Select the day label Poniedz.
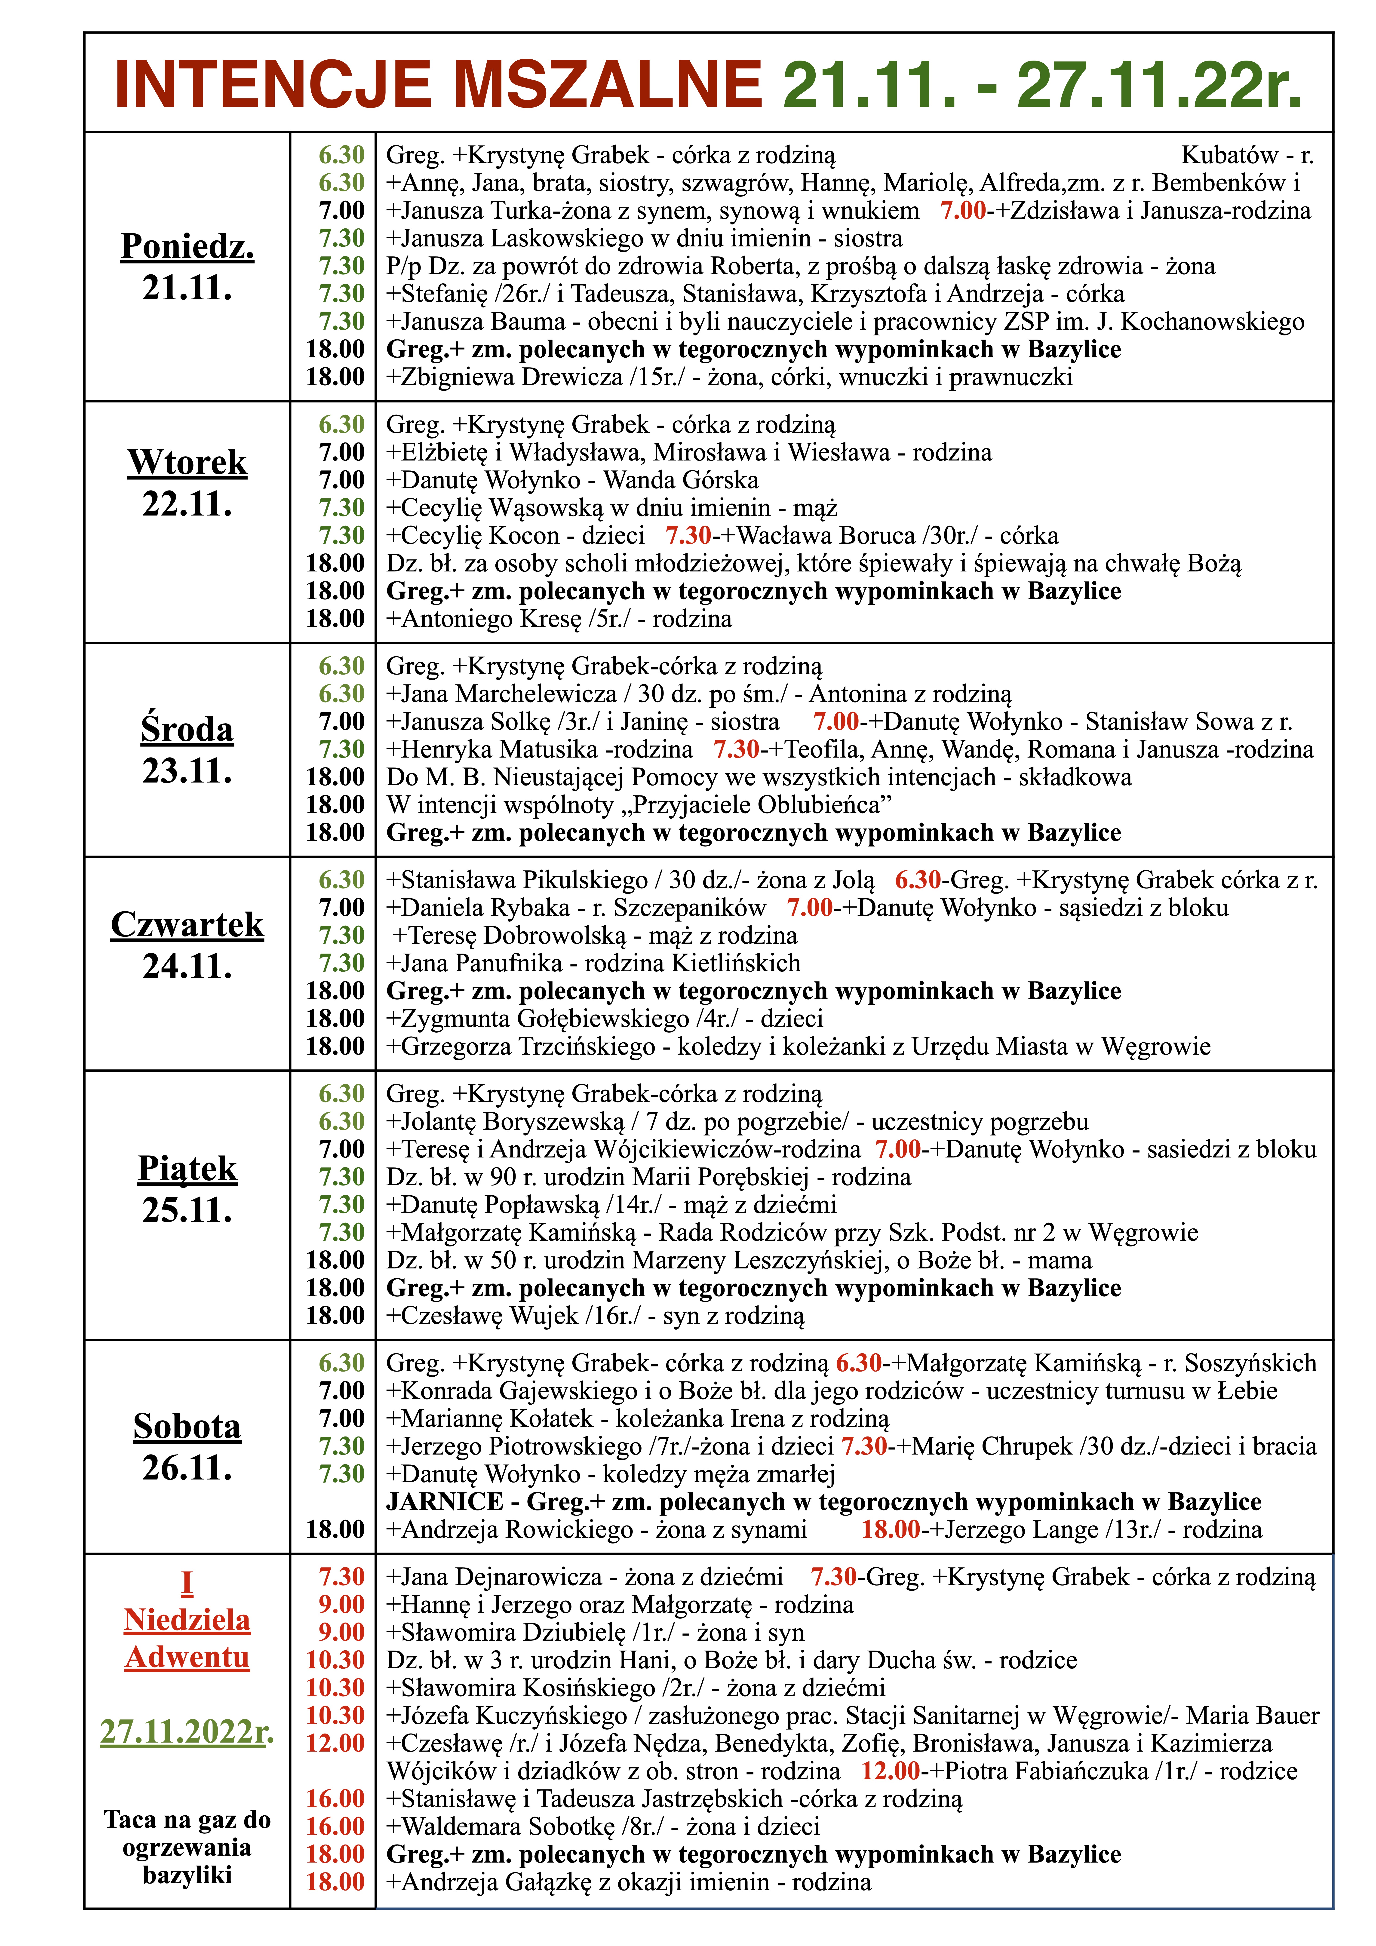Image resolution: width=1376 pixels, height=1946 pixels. tap(187, 247)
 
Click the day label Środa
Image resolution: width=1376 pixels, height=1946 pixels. tap(187, 730)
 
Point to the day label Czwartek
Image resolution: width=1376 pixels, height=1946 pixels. tap(187, 925)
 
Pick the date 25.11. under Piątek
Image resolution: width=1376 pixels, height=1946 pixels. tap(187, 1210)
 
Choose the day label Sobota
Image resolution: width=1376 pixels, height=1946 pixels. tap(187, 1427)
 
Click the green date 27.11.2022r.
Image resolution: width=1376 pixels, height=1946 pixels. tap(187, 1731)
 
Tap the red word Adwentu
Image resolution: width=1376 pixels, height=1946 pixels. tap(187, 1657)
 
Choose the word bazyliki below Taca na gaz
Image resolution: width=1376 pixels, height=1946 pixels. tap(187, 1875)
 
